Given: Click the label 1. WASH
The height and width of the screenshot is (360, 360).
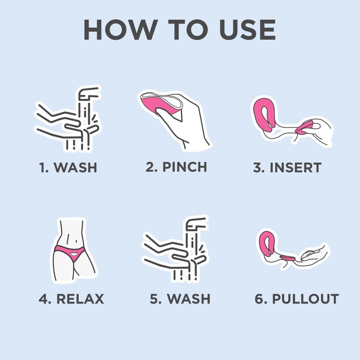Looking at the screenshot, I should (x=68, y=168).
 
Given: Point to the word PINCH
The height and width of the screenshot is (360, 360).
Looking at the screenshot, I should (x=184, y=167).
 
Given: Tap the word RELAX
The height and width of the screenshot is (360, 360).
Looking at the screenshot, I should (x=80, y=299).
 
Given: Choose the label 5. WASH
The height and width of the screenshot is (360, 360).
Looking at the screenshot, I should (x=180, y=299).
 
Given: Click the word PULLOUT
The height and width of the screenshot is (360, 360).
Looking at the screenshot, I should (x=305, y=299).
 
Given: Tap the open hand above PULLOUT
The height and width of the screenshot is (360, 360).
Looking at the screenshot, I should (x=312, y=253).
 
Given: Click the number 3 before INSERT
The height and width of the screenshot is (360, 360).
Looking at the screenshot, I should (x=257, y=168).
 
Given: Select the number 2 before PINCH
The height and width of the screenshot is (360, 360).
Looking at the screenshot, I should (x=150, y=167).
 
